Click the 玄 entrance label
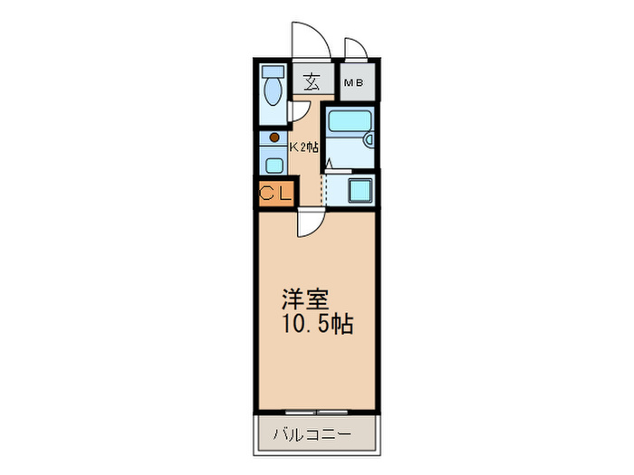coord(311,81)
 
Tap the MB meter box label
coord(353,83)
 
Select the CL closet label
coord(276,193)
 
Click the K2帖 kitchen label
coord(303,146)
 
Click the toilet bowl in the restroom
coord(272,94)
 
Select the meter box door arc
coord(354,48)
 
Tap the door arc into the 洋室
coord(306,222)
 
